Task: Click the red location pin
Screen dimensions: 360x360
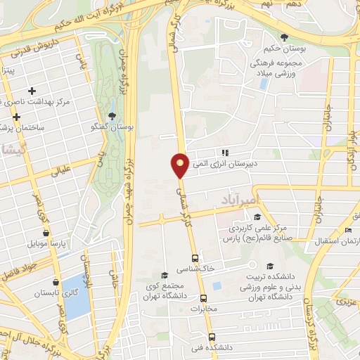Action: (180, 165)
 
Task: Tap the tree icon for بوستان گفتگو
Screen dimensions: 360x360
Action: (112, 116)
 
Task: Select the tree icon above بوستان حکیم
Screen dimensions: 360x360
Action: (284, 37)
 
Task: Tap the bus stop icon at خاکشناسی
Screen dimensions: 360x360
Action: (194, 258)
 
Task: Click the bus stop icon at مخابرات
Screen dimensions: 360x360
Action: (202, 298)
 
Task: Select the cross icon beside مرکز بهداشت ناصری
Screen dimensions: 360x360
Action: (32, 91)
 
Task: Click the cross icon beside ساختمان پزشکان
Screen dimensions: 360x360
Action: (15, 117)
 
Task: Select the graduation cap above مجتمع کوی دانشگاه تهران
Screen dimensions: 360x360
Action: (165, 275)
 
